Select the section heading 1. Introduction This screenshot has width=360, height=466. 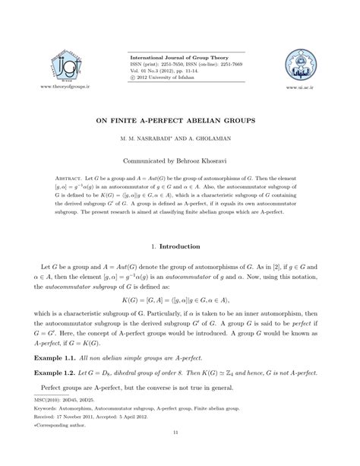[180, 247]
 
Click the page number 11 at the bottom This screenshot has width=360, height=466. [180, 454]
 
